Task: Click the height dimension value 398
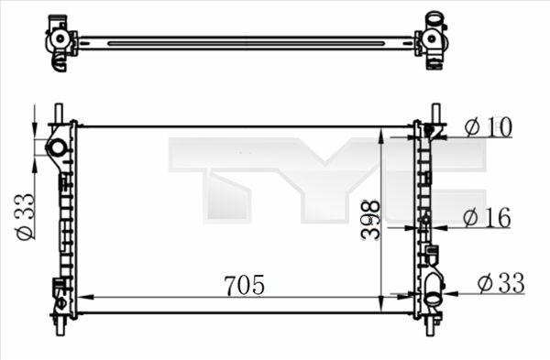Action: click(368, 219)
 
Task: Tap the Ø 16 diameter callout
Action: click(486, 217)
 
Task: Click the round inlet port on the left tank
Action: click(57, 147)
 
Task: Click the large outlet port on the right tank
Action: click(432, 296)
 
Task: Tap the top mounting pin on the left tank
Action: click(59, 111)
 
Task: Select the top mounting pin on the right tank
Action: click(435, 113)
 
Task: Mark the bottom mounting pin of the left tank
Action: click(60, 326)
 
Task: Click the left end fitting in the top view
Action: click(61, 42)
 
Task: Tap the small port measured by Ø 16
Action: click(424, 220)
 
